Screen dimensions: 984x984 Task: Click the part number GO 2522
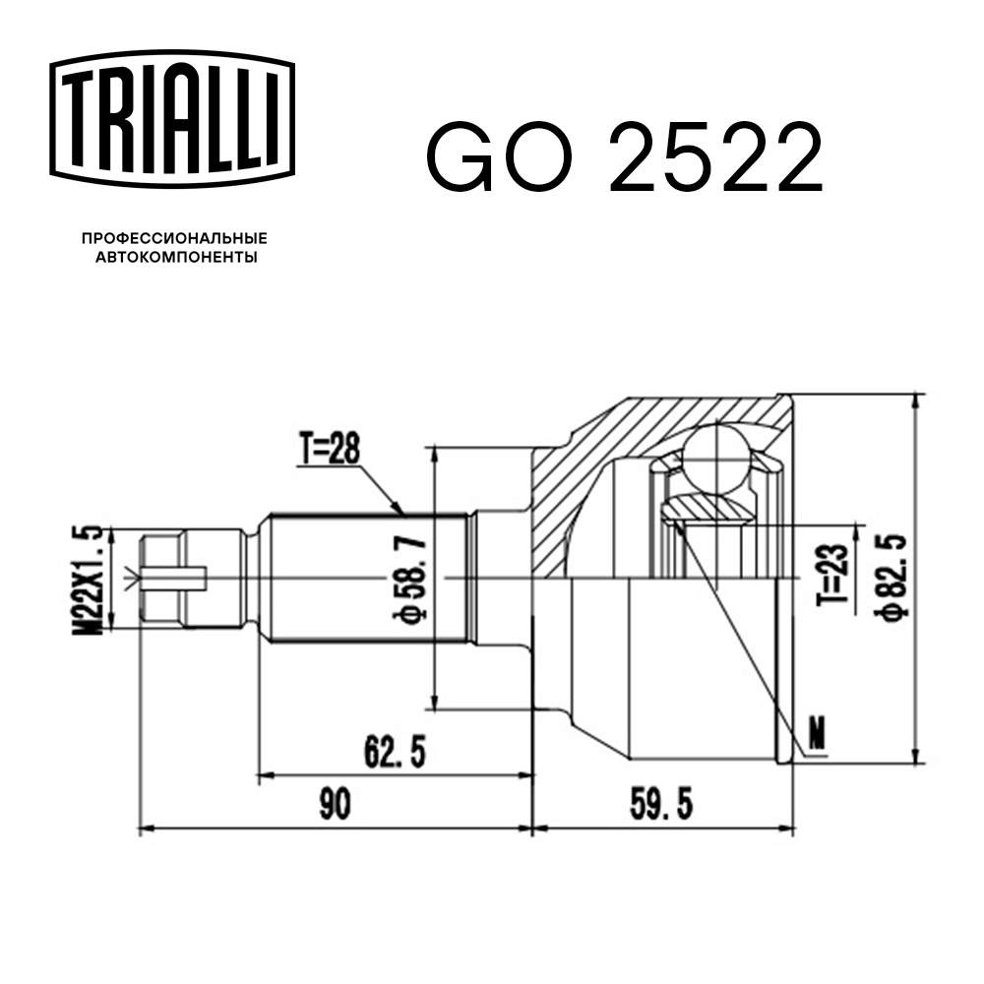[625, 158]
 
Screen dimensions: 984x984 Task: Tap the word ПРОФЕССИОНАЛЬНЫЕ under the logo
[174, 238]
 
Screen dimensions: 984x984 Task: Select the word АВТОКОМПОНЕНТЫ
[176, 257]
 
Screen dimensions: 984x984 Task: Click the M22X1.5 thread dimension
[88, 581]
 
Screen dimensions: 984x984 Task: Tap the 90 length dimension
[336, 804]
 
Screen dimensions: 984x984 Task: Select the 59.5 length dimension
[661, 804]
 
